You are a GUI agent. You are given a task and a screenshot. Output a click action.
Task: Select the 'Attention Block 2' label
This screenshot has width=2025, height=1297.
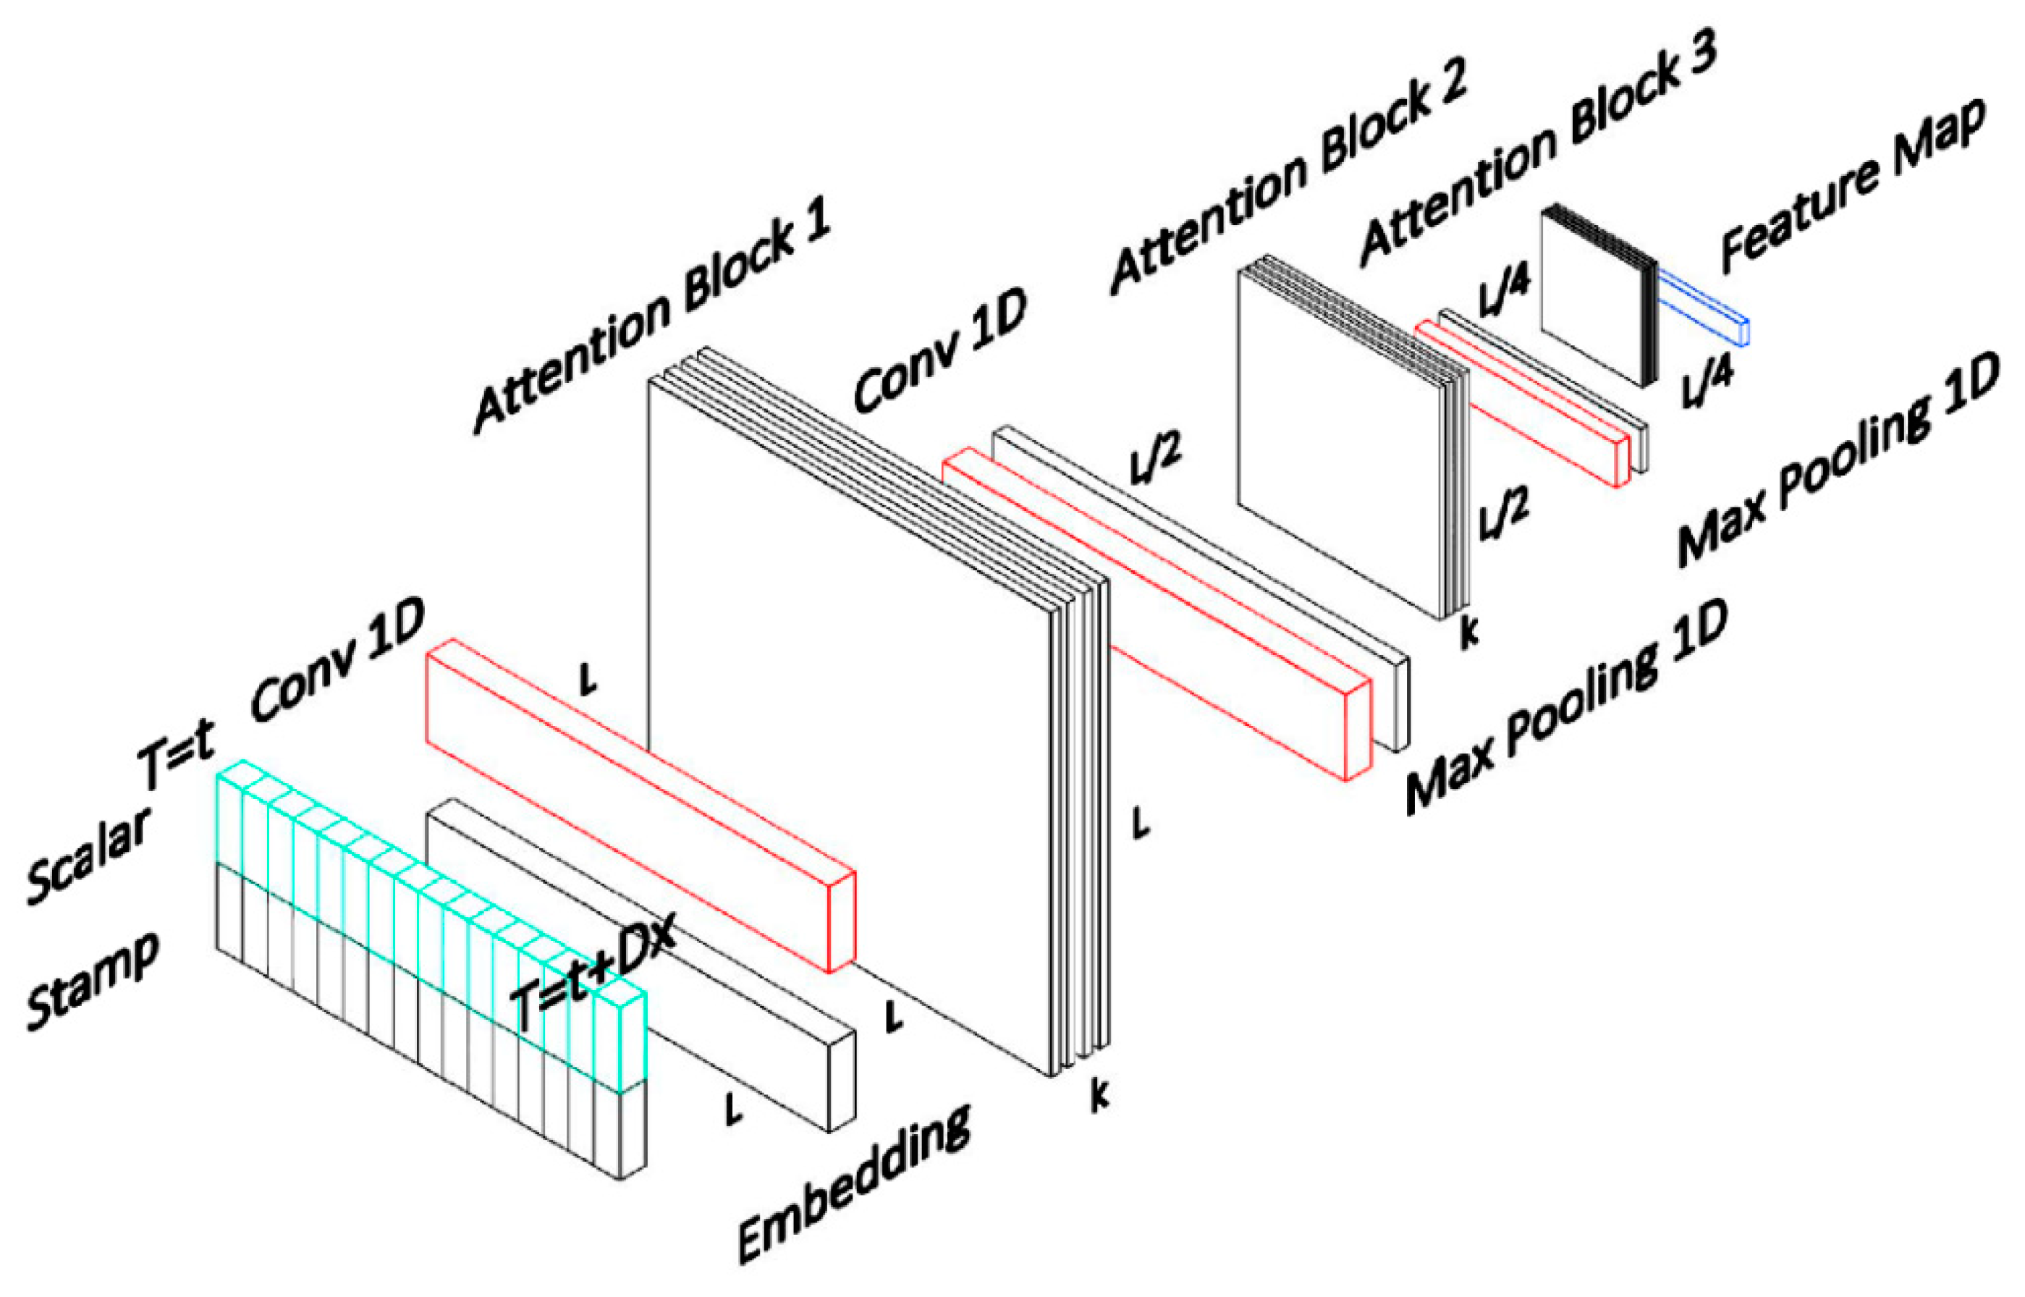[x=1288, y=177]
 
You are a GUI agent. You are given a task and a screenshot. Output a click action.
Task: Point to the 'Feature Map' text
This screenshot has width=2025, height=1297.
[x=1853, y=187]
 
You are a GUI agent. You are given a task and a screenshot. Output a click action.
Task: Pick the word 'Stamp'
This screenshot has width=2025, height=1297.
[x=93, y=981]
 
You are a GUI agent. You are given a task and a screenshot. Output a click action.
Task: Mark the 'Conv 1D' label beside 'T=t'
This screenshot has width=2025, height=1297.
[x=337, y=661]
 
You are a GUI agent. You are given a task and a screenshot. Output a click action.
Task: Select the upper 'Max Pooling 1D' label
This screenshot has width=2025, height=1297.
[x=1840, y=459]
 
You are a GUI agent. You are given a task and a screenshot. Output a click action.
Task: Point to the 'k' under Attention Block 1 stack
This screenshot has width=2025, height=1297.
[x=1099, y=1095]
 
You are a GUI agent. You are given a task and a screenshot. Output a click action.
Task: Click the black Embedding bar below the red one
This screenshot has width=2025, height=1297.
[x=640, y=964]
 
